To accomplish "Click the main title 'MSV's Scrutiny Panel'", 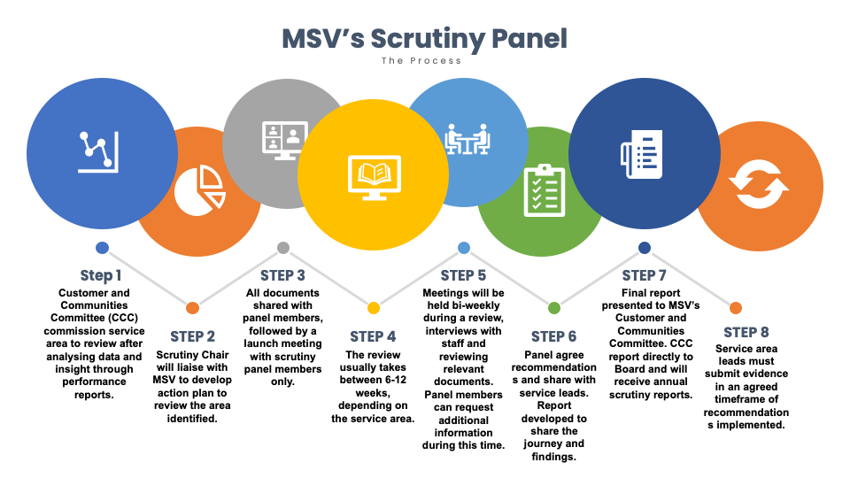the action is click(x=424, y=39).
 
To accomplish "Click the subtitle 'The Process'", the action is click(x=421, y=61).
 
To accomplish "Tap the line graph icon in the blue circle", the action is click(x=98, y=152).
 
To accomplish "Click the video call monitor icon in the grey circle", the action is click(x=285, y=141).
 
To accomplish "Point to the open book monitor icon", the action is click(x=374, y=178).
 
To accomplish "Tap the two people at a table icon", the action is click(x=467, y=139).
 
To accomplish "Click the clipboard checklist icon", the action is click(x=545, y=191).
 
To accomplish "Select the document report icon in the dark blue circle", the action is click(x=642, y=154).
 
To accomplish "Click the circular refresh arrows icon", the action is click(x=759, y=184).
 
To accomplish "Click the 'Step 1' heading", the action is click(x=101, y=276).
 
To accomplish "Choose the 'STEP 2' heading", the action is click(x=192, y=336).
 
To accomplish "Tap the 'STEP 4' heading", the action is click(x=373, y=336).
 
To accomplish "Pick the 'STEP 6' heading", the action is click(x=554, y=336).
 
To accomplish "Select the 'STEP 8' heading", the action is click(x=746, y=332).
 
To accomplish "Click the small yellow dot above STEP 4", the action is click(x=374, y=308).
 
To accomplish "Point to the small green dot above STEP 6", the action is click(x=554, y=308).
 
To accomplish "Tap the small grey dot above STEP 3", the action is click(x=283, y=248).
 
